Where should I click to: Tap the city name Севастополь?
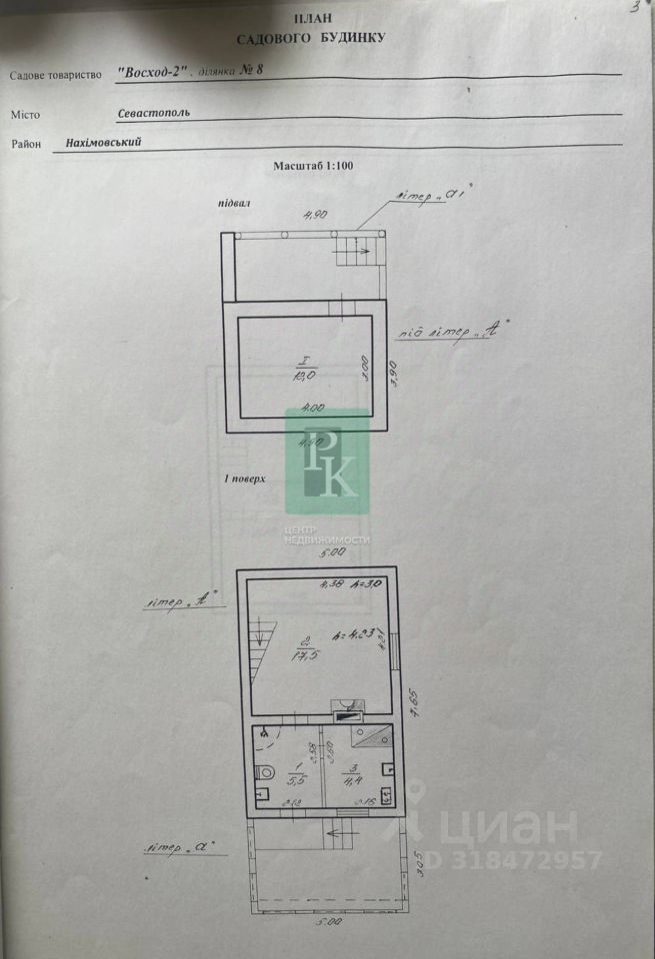pos(153,113)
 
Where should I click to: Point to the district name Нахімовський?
pos(103,142)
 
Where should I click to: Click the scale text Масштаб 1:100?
pos(314,167)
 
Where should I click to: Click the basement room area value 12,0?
pos(304,375)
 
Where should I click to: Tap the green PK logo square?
pos(327,460)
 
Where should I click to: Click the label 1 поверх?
pos(245,479)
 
